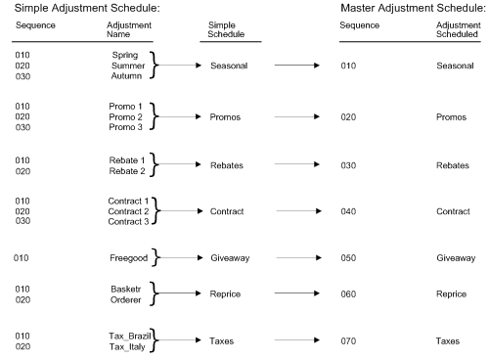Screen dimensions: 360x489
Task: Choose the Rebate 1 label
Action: pyautogui.click(x=126, y=160)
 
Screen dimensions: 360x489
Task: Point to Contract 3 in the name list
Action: pyautogui.click(x=126, y=221)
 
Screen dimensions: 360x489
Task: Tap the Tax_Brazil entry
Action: pyautogui.click(x=128, y=336)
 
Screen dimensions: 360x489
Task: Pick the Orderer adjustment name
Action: pyautogui.click(x=126, y=300)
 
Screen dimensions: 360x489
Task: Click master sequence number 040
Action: pyautogui.click(x=349, y=211)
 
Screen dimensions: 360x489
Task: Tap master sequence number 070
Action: pyautogui.click(x=349, y=341)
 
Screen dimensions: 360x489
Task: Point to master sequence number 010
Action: pyautogui.click(x=349, y=65)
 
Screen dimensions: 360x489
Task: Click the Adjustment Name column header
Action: pyautogui.click(x=126, y=26)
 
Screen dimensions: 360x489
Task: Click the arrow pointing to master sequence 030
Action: pyautogui.click(x=297, y=164)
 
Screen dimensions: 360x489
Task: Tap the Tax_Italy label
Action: pyautogui.click(x=128, y=346)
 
